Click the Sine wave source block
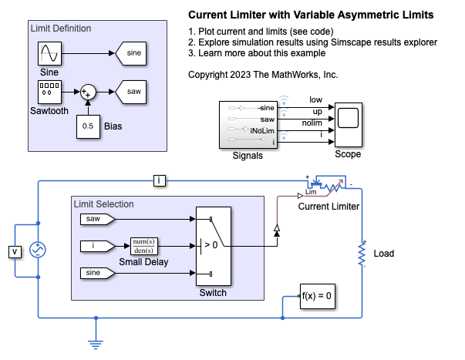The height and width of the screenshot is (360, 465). point(49,55)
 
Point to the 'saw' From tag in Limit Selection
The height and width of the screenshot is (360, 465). point(97,220)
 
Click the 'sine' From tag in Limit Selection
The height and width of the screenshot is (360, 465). point(97,273)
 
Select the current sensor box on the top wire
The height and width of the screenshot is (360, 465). point(159,181)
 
